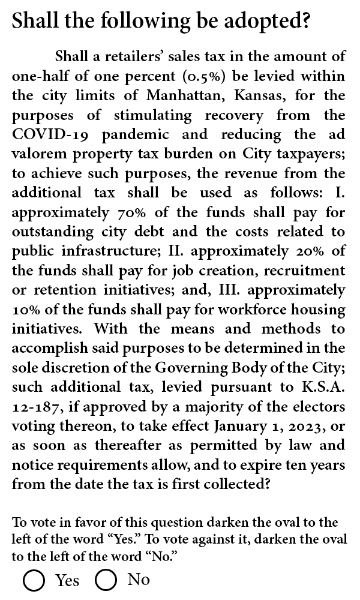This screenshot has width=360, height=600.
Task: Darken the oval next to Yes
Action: (x=34, y=581)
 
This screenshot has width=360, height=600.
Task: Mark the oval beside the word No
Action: (x=106, y=581)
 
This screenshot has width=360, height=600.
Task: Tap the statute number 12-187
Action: (x=35, y=407)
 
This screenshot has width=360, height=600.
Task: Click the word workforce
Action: (x=239, y=310)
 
